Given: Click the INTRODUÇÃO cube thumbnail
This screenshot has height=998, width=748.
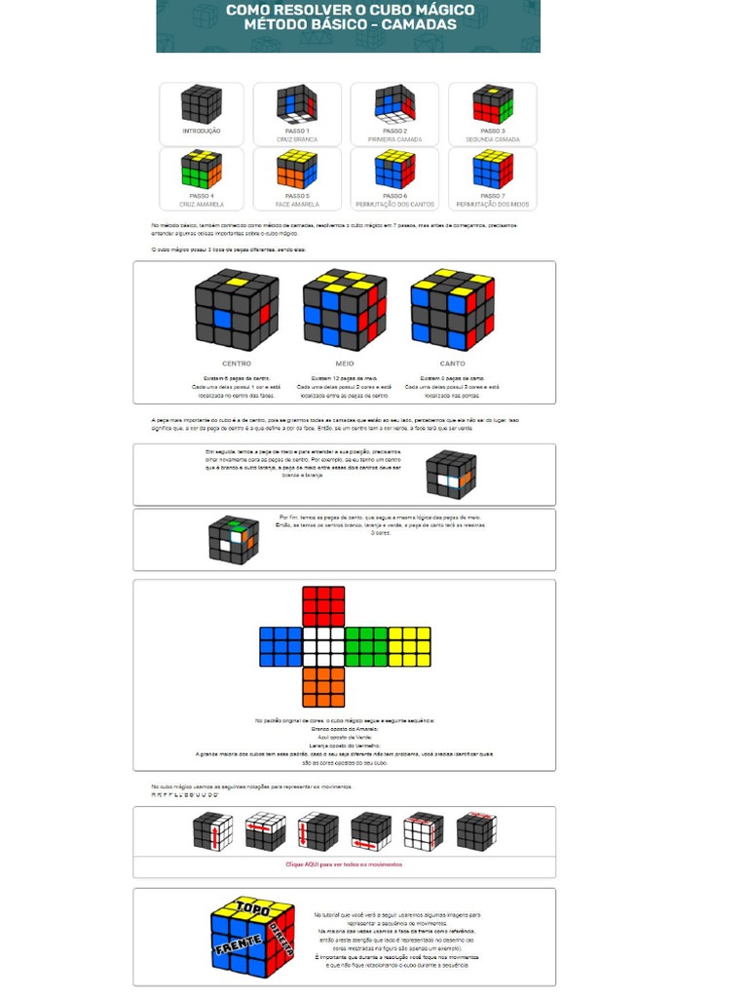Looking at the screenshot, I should (x=201, y=104).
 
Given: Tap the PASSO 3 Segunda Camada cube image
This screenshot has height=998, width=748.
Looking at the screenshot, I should (x=493, y=104).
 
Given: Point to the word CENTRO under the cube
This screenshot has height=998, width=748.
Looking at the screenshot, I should (x=237, y=364).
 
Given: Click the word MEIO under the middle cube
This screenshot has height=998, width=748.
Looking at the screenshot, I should (x=344, y=364).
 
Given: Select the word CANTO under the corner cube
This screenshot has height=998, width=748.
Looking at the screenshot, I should (x=452, y=364).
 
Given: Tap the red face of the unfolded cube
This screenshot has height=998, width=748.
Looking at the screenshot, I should (x=323, y=605).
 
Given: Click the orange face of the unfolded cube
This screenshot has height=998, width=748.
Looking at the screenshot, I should (x=323, y=686).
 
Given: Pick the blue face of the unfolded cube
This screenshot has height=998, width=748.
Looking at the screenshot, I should (x=280, y=646).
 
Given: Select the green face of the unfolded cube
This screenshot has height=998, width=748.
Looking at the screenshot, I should (x=366, y=646).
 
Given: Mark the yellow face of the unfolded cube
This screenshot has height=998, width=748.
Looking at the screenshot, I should (x=409, y=646).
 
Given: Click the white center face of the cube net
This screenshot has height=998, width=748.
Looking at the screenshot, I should (x=323, y=646).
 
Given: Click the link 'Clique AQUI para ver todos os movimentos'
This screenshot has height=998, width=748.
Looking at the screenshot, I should (x=344, y=864).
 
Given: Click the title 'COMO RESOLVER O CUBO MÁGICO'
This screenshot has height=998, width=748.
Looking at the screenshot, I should (x=351, y=11).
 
